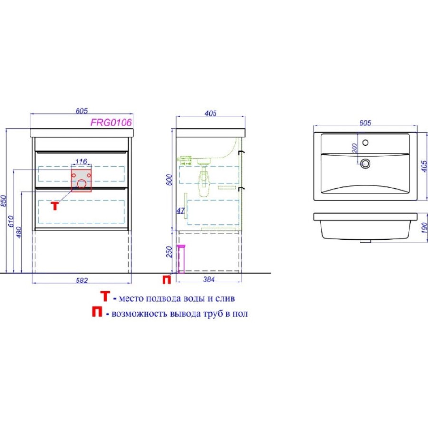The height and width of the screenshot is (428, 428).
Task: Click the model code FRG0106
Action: click(111, 123)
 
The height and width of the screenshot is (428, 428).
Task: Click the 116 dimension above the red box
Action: click(81, 162)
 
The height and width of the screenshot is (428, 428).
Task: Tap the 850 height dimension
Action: click(3, 201)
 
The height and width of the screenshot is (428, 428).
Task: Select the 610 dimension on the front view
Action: click(11, 221)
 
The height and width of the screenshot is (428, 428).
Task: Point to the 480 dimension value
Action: click(19, 232)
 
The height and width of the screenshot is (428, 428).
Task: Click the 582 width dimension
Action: click(82, 280)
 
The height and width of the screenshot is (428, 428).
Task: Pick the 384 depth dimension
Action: click(209, 279)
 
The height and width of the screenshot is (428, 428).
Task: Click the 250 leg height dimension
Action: click(169, 252)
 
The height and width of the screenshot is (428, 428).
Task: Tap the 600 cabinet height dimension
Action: click(169, 180)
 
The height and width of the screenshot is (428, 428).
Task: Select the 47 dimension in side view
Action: click(180, 211)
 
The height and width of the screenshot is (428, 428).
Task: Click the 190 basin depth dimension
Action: click(424, 228)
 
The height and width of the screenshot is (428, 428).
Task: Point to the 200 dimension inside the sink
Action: click(355, 148)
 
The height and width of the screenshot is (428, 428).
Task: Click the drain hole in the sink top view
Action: click(365, 164)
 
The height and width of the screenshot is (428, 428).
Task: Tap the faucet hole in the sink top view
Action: click(365, 142)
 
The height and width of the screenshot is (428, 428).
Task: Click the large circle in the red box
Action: click(81, 184)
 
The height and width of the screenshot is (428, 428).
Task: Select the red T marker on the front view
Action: click(55, 206)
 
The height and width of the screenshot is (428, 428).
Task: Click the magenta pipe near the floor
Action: click(181, 259)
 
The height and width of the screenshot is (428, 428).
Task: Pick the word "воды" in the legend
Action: click(194, 298)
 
